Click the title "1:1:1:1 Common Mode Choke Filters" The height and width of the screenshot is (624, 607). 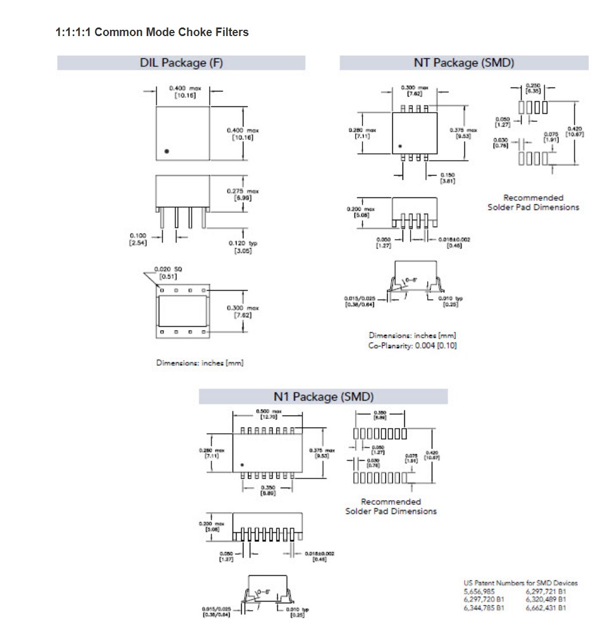[152, 32]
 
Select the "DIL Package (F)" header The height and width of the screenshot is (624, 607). [181, 63]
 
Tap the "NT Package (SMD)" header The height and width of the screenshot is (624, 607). [464, 63]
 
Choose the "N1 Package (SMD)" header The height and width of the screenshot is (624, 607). [323, 397]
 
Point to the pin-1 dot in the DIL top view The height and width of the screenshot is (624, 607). [167, 151]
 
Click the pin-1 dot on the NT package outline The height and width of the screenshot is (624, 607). [400, 145]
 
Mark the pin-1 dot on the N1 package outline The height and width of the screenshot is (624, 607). [242, 464]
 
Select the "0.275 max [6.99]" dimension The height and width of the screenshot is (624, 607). [242, 194]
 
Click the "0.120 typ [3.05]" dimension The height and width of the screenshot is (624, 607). [243, 247]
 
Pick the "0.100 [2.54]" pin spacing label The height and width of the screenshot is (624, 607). [138, 239]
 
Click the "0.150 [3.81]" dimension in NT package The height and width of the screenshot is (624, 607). [448, 178]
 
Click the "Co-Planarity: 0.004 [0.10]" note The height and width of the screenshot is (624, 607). [412, 346]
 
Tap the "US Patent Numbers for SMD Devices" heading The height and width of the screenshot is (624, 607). [520, 583]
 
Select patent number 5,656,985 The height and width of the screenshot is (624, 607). [480, 591]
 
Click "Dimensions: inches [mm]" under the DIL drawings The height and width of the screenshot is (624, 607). [200, 363]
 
